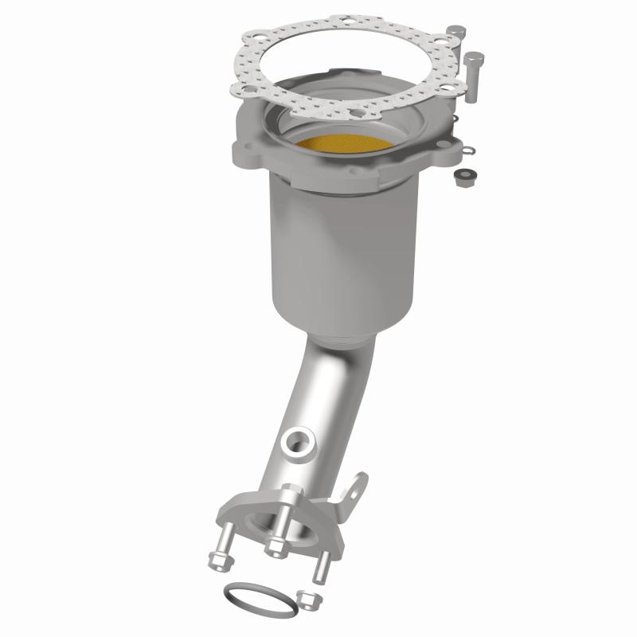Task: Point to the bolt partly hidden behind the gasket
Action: point(456,36)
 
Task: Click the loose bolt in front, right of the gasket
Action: point(473,76)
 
